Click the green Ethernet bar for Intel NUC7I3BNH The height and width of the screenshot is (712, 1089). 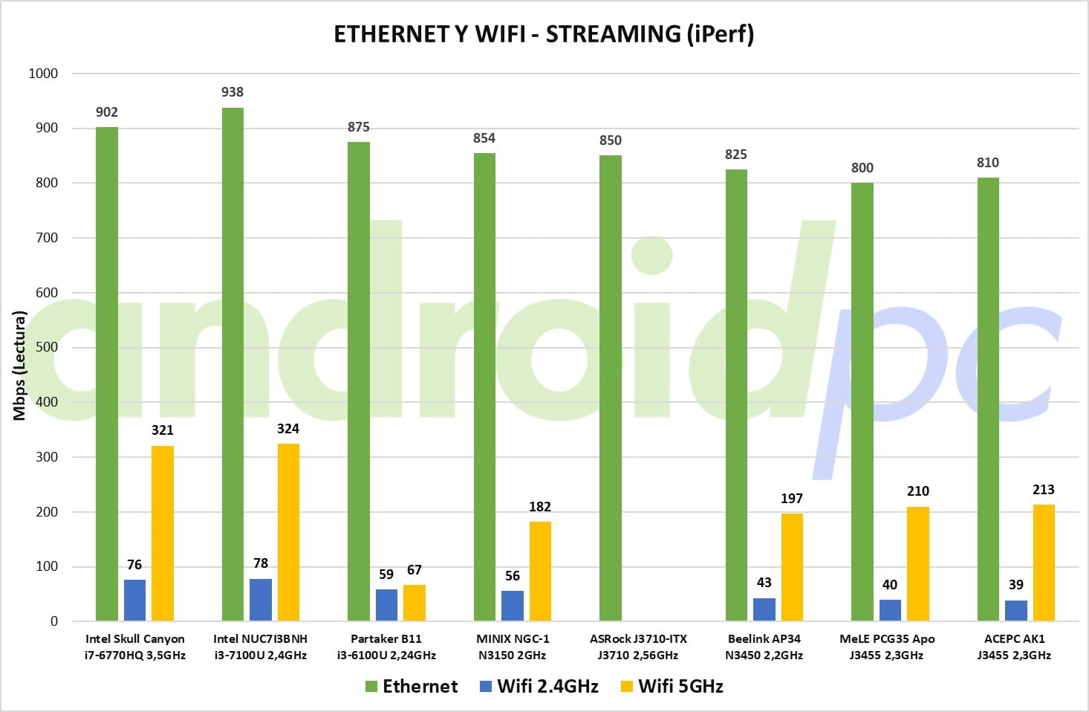pyautogui.click(x=233, y=364)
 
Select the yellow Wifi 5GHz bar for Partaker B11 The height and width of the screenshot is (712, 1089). pyautogui.click(x=415, y=603)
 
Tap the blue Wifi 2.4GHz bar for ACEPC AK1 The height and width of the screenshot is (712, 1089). pyautogui.click(x=1015, y=610)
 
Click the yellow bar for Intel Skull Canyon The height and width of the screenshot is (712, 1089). pyautogui.click(x=163, y=533)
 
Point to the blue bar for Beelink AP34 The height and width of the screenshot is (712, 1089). pyautogui.click(x=764, y=609)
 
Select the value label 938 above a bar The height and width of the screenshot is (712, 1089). pyautogui.click(x=233, y=92)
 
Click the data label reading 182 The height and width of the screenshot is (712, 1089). pyautogui.click(x=540, y=507)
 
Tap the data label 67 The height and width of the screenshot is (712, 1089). pyautogui.click(x=415, y=570)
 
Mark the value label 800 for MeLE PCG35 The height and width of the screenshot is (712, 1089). pyautogui.click(x=862, y=168)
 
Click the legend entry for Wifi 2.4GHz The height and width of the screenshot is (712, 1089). pyautogui.click(x=539, y=687)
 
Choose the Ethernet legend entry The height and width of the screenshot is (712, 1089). pyautogui.click(x=412, y=687)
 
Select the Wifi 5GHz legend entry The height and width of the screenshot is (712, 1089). pyautogui.click(x=672, y=687)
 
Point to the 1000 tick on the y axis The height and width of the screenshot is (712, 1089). pyautogui.click(x=43, y=74)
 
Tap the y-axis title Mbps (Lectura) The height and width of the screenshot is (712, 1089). pyautogui.click(x=19, y=366)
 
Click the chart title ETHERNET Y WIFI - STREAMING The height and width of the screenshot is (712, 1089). pyautogui.click(x=544, y=34)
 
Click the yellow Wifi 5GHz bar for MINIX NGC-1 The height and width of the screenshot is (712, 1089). pyautogui.click(x=540, y=571)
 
